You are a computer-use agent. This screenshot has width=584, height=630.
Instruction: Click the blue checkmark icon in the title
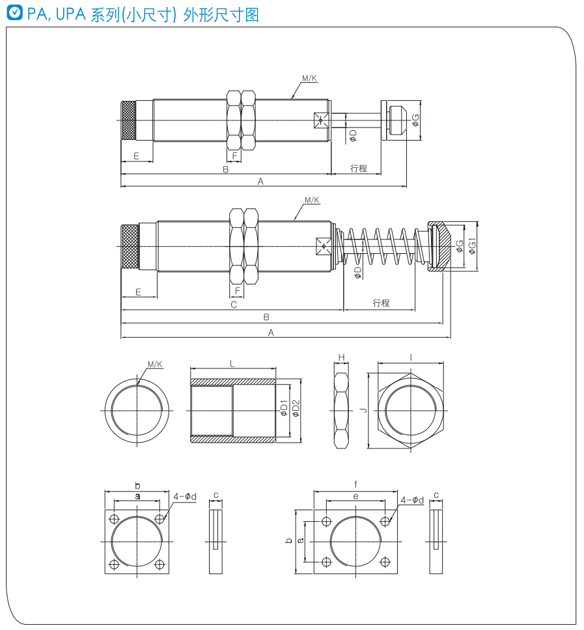coord(15,13)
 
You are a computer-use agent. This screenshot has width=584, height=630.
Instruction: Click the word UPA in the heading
coord(71,14)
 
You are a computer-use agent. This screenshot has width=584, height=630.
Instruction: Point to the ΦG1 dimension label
coord(472,246)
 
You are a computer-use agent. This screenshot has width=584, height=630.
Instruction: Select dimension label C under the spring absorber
coord(234,305)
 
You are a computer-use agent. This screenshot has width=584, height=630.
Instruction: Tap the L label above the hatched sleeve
coord(232,364)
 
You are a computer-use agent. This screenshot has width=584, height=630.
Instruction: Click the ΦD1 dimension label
coord(284,408)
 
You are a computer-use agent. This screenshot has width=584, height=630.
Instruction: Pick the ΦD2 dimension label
coord(296,408)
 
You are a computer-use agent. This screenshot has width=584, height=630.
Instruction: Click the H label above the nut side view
coord(342,357)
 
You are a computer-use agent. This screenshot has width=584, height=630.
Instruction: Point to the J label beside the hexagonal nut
coord(364,410)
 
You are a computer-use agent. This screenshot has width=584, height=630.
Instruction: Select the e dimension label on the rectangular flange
coord(355,497)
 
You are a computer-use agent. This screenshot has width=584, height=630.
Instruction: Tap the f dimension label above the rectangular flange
coord(355,485)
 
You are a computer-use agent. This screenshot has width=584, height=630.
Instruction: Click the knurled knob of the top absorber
coord(128,120)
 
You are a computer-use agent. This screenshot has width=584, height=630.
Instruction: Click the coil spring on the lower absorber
coord(380,246)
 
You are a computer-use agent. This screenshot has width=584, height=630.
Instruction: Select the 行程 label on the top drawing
coord(359,169)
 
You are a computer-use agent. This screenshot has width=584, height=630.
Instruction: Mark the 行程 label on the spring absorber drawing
coord(381,303)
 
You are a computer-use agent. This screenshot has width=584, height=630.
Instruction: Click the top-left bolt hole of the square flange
coord(115,519)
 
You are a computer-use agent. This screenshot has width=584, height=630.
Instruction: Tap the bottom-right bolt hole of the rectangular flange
coord(385,562)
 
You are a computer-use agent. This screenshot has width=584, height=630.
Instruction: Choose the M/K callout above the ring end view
coord(155,364)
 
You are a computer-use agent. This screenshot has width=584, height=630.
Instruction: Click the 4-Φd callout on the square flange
coord(185,497)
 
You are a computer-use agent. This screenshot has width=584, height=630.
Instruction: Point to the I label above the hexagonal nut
coord(411,357)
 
